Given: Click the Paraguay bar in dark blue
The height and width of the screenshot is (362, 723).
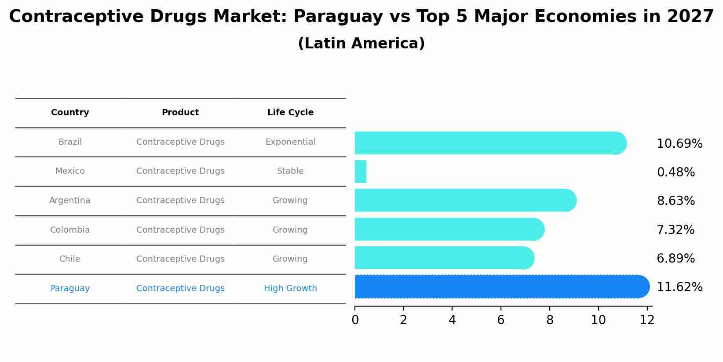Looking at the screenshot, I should click(501, 287).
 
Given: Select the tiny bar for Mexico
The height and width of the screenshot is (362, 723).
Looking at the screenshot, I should click(361, 172).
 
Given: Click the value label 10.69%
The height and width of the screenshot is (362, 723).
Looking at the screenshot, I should click(679, 144).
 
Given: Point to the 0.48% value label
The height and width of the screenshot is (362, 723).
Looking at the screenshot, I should click(676, 172).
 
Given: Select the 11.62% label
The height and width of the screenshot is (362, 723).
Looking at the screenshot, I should click(679, 287).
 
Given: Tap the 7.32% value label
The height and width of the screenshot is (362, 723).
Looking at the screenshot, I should click(676, 230).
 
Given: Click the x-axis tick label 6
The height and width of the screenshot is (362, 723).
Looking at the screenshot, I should click(500, 320).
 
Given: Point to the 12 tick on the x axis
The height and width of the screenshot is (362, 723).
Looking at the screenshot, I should click(647, 320).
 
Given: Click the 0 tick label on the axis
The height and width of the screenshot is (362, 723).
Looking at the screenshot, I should click(355, 320).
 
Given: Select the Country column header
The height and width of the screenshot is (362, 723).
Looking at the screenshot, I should click(70, 113).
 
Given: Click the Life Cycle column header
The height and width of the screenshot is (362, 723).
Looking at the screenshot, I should click(290, 113).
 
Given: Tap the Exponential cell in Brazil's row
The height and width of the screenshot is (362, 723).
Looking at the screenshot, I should click(290, 142).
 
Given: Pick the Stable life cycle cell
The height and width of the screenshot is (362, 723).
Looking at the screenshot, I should click(290, 171).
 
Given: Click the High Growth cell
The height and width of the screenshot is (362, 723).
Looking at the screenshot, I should click(290, 289).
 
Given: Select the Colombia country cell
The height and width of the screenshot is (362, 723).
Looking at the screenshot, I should click(70, 230).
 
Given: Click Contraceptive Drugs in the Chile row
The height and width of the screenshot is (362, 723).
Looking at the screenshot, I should click(180, 259).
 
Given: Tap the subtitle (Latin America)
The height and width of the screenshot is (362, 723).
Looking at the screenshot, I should click(361, 44).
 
